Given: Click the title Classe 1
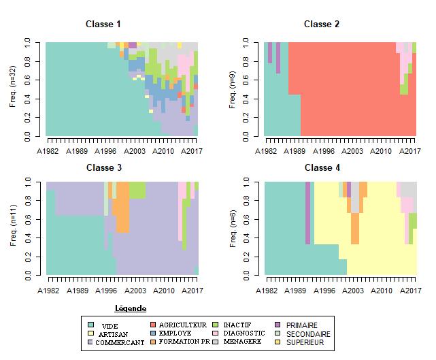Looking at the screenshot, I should tap(103, 24).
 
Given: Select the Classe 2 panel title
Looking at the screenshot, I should tap(322, 24).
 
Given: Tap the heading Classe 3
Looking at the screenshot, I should tap(103, 167).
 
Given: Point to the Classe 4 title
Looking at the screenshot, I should tap(322, 167).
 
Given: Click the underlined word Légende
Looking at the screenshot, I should tap(131, 308).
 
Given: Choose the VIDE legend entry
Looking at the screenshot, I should tap(109, 326).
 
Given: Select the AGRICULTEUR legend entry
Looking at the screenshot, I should tap(183, 325).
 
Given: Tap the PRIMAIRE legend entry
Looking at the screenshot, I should tap(301, 325).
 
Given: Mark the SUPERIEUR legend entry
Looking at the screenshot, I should tap(304, 342).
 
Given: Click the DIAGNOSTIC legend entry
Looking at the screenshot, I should tap(244, 333).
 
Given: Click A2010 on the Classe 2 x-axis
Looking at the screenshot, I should tap(382, 151).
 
